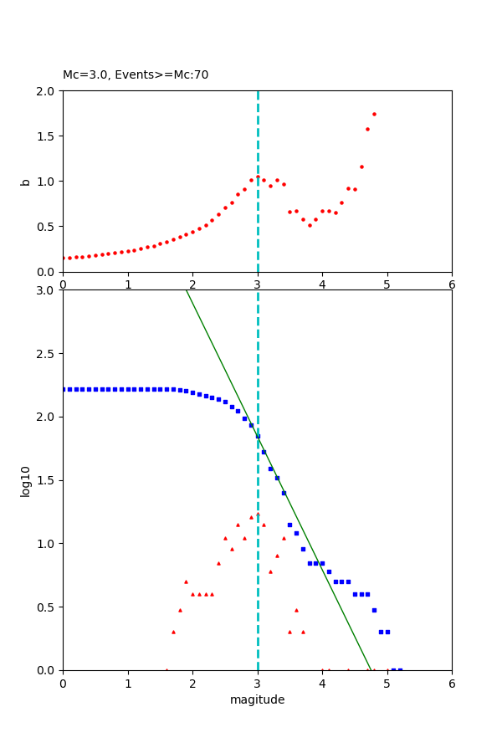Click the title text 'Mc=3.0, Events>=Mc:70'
click(136, 75)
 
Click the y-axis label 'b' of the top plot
click(25, 182)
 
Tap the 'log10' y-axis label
click(25, 481)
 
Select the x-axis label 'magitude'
click(257, 699)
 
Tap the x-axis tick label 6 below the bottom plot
click(452, 683)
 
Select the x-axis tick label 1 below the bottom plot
click(128, 683)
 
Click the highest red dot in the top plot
click(374, 114)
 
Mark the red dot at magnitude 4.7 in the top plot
click(367, 129)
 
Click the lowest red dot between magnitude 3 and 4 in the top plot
click(310, 225)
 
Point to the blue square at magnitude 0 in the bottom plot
click(64, 389)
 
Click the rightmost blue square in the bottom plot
click(400, 669)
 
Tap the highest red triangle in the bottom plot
click(258, 514)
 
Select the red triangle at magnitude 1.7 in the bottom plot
click(173, 632)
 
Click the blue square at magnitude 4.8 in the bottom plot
click(374, 610)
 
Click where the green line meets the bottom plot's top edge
click(186, 290)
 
